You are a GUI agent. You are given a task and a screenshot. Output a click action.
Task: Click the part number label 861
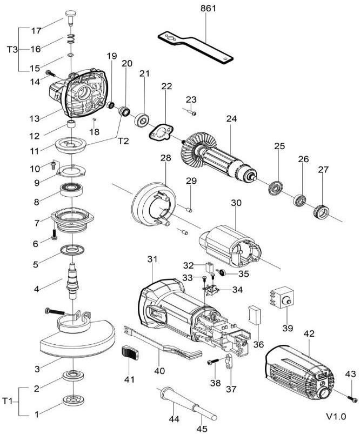pyautogui.click(x=208, y=8)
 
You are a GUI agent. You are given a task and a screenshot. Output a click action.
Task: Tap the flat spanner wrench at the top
pyautogui.click(x=196, y=47)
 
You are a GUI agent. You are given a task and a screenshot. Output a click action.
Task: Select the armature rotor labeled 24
pyautogui.click(x=219, y=158)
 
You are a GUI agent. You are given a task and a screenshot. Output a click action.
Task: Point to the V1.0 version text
pyautogui.click(x=336, y=416)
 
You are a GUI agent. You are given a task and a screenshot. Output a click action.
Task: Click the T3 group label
pyautogui.click(x=12, y=50)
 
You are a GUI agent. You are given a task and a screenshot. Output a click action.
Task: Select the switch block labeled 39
pyautogui.click(x=282, y=297)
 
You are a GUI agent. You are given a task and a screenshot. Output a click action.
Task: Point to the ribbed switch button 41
pyautogui.click(x=130, y=352)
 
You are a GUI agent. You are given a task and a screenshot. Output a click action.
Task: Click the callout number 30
pyautogui.click(x=236, y=203)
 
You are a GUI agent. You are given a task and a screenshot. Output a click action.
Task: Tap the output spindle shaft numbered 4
pyautogui.click(x=72, y=281)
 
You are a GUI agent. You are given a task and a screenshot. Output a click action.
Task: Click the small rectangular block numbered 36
pyautogui.click(x=255, y=315)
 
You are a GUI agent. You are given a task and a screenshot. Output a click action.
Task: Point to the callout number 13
pyautogui.click(x=35, y=118)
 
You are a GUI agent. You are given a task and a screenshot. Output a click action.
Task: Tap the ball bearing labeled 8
pyautogui.click(x=72, y=190)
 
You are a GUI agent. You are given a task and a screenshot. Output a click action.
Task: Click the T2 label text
pyautogui.click(x=123, y=141)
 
